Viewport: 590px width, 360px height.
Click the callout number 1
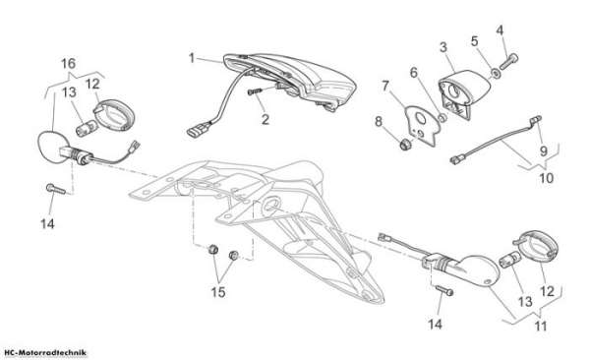click(x=192, y=58)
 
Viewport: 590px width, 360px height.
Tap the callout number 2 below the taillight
click(x=265, y=119)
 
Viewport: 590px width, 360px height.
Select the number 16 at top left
click(x=68, y=63)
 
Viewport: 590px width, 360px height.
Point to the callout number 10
click(x=547, y=178)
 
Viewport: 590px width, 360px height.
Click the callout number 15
click(x=218, y=292)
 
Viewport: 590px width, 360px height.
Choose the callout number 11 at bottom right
click(x=541, y=326)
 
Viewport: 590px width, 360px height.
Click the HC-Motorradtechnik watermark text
click(x=43, y=353)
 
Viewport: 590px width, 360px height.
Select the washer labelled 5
click(x=496, y=73)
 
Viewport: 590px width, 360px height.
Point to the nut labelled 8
click(x=405, y=145)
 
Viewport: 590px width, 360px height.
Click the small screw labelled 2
click(x=254, y=91)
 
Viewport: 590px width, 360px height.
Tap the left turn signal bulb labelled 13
click(x=85, y=129)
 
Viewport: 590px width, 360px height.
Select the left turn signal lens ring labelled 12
click(x=115, y=115)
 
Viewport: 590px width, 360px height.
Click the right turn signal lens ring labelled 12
click(x=539, y=248)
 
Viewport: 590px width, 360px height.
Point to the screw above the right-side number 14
click(x=444, y=290)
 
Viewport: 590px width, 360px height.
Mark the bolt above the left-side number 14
click(x=56, y=189)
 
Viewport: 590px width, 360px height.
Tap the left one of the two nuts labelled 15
click(x=213, y=249)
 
